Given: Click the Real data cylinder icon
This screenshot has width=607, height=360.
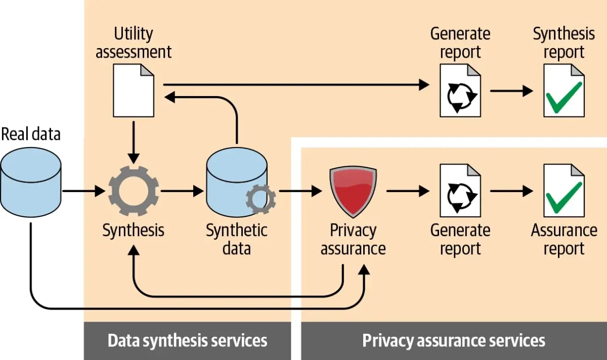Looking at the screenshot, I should click(31, 182).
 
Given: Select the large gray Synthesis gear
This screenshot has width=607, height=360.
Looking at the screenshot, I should click(134, 191).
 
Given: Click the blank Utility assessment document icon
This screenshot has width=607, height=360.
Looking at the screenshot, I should click(134, 91).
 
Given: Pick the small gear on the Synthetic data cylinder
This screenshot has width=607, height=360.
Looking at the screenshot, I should click(261, 199).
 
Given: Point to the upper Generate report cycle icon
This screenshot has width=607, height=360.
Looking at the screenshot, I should click(460, 96).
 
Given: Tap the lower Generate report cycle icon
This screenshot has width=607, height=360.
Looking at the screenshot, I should click(460, 192).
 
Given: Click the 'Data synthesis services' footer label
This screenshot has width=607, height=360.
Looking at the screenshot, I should click(187, 341).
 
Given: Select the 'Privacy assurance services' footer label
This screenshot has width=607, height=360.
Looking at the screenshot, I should click(454, 341).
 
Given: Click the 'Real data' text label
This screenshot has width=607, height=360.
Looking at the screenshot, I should click(31, 134).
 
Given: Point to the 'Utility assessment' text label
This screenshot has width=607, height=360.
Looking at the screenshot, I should click(134, 43).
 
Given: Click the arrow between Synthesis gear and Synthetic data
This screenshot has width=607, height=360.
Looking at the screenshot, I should click(182, 191).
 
